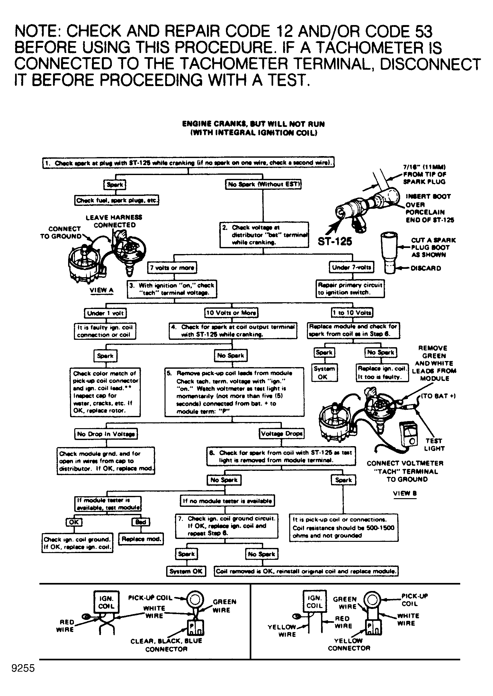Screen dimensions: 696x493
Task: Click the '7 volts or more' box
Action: coord(172,268)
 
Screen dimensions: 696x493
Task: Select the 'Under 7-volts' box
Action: coord(351,267)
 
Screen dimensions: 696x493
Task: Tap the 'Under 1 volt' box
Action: coord(105,313)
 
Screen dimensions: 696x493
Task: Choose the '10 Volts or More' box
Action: coord(231,313)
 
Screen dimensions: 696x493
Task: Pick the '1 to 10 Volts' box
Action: coord(352,312)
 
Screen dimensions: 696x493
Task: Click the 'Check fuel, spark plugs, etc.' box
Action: coord(117,200)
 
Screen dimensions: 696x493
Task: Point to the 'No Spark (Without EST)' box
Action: coord(263,184)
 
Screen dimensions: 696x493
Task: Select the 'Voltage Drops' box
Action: coord(282,434)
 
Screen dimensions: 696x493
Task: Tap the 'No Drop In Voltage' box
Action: coord(106,434)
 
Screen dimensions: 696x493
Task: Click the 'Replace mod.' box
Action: coord(141,539)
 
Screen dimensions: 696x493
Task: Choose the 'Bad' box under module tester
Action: coord(141,522)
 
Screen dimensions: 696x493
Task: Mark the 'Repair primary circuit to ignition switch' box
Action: coord(350,289)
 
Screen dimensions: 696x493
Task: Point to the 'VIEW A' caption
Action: coord(102,290)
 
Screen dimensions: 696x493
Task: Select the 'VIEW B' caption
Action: coord(405,494)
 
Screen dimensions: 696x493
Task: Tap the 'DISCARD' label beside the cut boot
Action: coord(426,268)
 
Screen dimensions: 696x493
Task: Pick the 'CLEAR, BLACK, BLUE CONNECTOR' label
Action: coord(166,645)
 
